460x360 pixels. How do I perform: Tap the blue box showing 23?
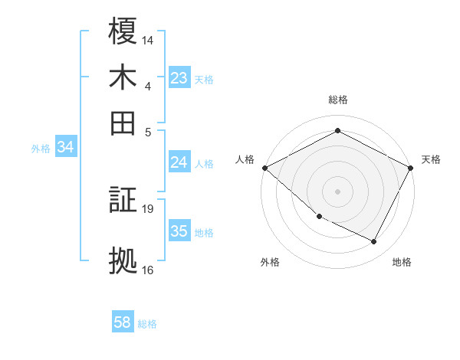pyautogui.click(x=179, y=78)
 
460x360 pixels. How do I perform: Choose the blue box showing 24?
pyautogui.click(x=179, y=162)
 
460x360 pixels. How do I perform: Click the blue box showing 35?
pyautogui.click(x=179, y=231)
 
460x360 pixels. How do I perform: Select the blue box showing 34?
pyautogui.click(x=65, y=148)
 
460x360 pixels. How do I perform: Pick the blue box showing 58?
pyautogui.click(x=123, y=322)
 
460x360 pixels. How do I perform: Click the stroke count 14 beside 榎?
pyautogui.click(x=148, y=38)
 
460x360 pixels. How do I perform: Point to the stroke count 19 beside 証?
pyautogui.click(x=148, y=208)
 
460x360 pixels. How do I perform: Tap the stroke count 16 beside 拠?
pyautogui.click(x=148, y=270)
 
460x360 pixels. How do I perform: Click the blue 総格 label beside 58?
pyautogui.click(x=147, y=324)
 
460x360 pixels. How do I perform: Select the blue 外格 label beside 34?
pyautogui.click(x=41, y=149)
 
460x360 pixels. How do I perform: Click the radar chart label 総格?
pyautogui.click(x=337, y=100)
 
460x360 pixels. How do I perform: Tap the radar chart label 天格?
pyautogui.click(x=431, y=159)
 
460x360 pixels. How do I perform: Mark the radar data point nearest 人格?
pyautogui.click(x=264, y=168)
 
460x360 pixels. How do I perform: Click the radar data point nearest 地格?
pyautogui.click(x=374, y=242)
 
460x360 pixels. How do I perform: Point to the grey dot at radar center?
pyautogui.click(x=337, y=191)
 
